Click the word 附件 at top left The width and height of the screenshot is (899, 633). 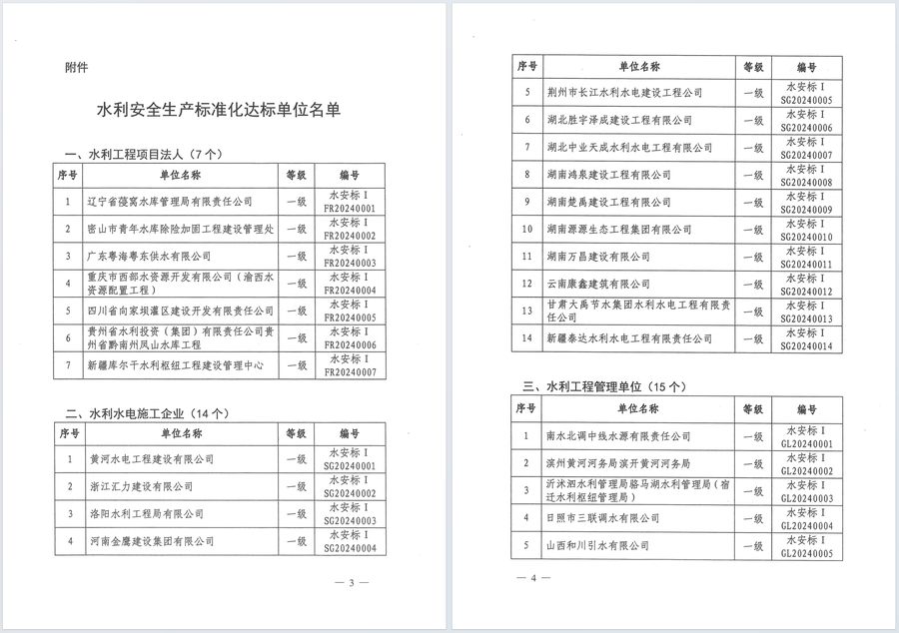75,68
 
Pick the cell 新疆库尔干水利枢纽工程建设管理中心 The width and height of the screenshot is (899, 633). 176,366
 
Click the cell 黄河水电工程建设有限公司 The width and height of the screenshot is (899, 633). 151,459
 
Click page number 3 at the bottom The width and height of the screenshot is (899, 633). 351,582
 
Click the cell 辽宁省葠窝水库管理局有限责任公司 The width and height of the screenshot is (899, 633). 169,201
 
